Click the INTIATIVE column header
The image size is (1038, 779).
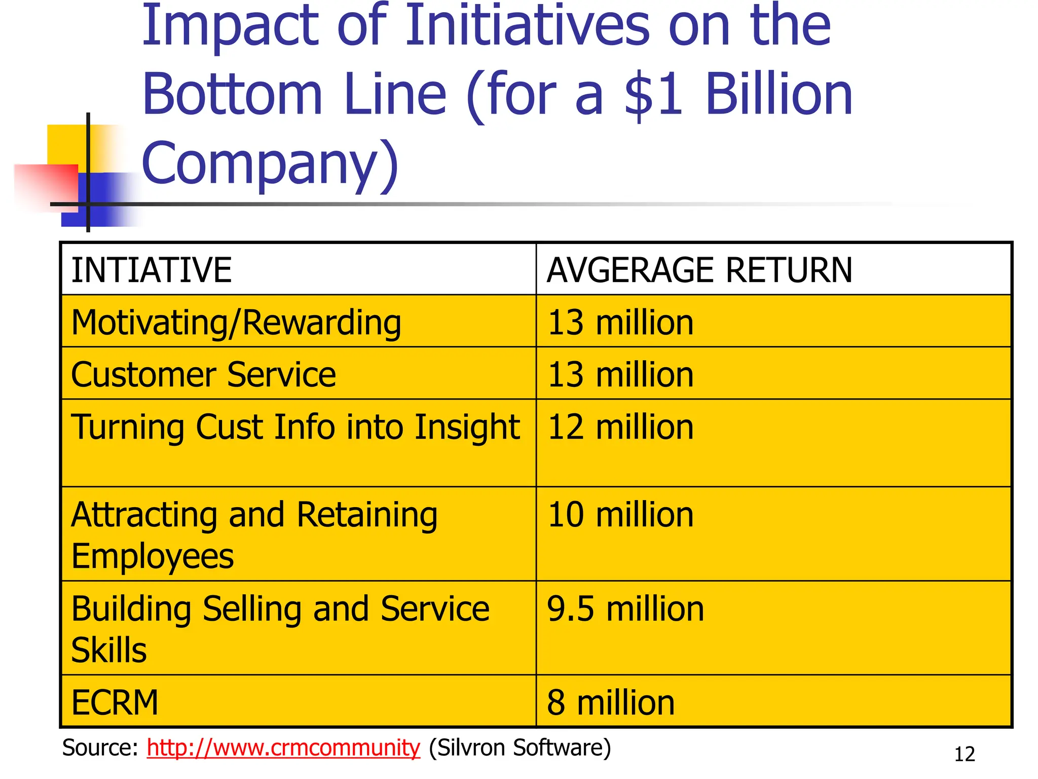151,270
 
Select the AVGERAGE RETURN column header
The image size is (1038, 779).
699,270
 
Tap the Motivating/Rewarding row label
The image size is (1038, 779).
236,323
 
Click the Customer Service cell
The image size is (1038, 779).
203,375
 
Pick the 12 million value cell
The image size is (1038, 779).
620,427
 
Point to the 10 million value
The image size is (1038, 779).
620,515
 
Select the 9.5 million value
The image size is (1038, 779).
625,609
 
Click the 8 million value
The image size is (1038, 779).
610,703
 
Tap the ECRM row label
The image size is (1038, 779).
115,703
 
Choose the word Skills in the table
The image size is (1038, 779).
109,651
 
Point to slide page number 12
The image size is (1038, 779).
964,755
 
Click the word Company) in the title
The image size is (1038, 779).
270,163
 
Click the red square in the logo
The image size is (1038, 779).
48,185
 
